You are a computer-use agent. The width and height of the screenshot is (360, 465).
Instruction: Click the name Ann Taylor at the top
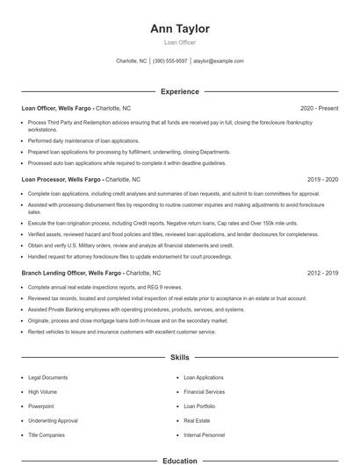point(180,29)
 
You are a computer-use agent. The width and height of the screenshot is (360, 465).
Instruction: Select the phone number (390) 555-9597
point(170,61)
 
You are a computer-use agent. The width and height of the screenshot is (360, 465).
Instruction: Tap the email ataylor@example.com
point(219,61)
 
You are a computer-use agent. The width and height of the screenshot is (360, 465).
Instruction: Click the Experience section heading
point(180,91)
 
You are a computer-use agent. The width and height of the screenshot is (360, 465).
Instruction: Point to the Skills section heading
point(180,358)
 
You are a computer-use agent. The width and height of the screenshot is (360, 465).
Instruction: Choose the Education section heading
point(180,460)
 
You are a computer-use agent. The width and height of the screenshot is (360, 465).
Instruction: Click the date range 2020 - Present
point(320,108)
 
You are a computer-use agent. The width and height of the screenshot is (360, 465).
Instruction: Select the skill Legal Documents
point(47,377)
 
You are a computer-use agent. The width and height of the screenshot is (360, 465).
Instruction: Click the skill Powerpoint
point(41,406)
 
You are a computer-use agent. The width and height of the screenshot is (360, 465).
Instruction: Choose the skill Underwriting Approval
point(53,420)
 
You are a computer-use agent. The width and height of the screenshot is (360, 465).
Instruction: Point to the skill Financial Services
point(205,391)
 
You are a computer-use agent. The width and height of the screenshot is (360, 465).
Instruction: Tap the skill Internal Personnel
point(205,435)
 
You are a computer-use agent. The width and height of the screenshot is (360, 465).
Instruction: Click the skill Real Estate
point(197,420)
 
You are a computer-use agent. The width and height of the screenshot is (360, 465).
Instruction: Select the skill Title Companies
point(47,435)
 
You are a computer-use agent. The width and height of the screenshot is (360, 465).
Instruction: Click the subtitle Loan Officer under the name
point(180,42)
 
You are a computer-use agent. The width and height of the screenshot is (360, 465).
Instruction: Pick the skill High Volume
point(42,391)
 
